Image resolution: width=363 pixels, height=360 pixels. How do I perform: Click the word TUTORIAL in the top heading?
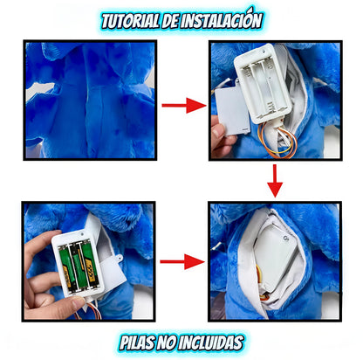coord(131,21)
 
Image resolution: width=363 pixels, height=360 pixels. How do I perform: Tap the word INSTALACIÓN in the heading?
coord(221,19)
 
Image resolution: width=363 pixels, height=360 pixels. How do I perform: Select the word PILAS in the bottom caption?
coord(137,343)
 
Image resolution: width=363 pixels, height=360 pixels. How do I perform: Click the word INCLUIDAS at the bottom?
coord(210,343)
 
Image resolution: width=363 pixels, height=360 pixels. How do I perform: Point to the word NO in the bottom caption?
coord(167,343)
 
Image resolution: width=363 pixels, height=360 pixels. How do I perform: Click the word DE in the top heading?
coord(170,21)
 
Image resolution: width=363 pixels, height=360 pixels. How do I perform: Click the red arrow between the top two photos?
coord(184,105)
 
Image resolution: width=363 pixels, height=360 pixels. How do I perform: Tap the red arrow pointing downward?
coord(275,181)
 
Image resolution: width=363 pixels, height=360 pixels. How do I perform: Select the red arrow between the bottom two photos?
coord(182,261)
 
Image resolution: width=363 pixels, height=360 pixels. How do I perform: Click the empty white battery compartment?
coord(263,85)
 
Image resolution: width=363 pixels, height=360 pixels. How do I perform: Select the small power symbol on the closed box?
coord(285,238)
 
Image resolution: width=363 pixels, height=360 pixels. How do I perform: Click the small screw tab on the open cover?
coord(119,258)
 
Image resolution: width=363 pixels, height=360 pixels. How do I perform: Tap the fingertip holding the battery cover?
coord(217,132)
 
